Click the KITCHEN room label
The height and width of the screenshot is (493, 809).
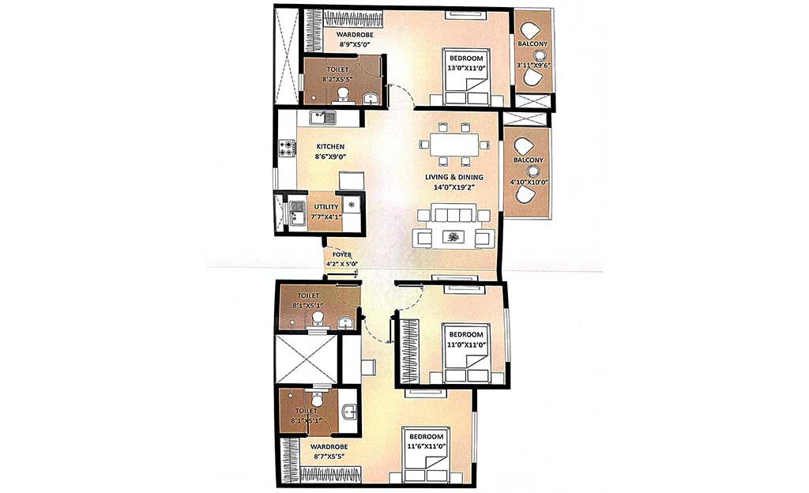pos(330,146)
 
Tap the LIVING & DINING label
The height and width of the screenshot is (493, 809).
pos(454,177)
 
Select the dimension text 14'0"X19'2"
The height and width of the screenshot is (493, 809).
pos(454,186)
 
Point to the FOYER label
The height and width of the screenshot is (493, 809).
pos(342,254)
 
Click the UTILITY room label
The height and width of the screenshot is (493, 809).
pos(326,207)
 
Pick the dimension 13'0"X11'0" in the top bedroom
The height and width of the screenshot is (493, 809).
pos(466,68)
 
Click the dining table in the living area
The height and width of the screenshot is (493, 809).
pos(454,145)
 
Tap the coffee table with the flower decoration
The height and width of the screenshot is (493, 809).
pos(453,237)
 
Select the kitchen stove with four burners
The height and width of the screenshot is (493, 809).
pos(288,148)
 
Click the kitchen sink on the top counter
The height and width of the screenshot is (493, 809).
pos(322,118)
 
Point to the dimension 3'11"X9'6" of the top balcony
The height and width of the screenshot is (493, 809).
pos(533,66)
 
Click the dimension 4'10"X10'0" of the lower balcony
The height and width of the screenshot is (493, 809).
pos(529,182)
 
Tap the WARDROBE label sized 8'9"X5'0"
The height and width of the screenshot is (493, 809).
pos(355,35)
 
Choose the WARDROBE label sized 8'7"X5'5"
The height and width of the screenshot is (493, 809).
pos(329,446)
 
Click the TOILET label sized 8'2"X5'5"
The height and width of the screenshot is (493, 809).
pos(338,69)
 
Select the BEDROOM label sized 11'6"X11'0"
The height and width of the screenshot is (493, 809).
pos(426,436)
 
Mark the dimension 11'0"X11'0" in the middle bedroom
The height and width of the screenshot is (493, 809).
pos(466,344)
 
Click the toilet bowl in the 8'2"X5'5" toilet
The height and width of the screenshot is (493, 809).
pos(342,95)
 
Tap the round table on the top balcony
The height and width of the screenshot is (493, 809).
pos(540,55)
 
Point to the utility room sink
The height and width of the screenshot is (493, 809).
pos(297,213)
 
